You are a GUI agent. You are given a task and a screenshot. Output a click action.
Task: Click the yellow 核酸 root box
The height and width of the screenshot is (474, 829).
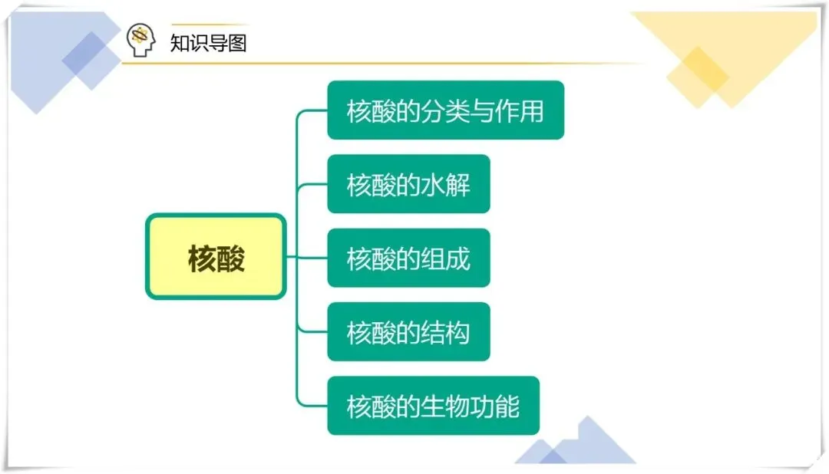216,257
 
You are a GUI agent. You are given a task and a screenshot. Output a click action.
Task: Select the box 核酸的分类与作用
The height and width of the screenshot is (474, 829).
445,110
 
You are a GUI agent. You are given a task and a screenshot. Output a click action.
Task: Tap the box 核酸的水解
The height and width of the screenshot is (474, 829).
408,184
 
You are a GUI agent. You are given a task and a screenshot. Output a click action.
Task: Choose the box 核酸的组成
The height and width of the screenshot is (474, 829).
408,258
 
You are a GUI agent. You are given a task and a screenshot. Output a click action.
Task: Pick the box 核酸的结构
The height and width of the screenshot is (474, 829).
408,332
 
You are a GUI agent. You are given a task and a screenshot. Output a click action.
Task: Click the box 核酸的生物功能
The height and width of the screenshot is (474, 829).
433,406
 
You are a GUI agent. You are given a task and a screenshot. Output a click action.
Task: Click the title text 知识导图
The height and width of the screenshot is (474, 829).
208,42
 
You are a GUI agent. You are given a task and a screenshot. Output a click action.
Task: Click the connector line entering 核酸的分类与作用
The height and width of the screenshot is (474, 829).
313,110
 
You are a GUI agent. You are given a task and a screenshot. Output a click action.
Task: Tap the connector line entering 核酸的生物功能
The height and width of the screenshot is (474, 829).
313,406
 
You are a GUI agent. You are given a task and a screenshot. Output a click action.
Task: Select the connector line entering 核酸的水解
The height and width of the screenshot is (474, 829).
313,184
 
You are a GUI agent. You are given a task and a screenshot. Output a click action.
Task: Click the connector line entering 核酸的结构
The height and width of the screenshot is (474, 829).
313,332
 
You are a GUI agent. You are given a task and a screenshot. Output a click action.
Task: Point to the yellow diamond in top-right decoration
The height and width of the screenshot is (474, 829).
697,74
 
